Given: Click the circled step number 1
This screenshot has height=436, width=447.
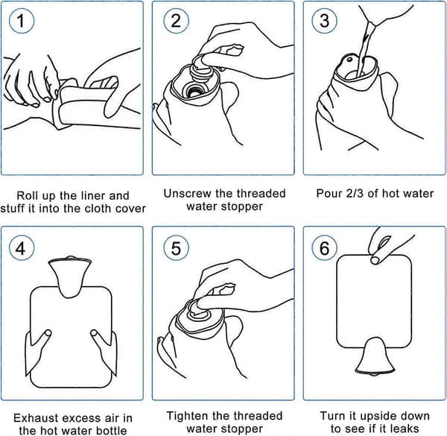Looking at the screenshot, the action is point(22,21).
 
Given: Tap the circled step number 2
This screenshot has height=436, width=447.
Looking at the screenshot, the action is point(176,21).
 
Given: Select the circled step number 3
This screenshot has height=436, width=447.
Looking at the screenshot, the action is point(324,21).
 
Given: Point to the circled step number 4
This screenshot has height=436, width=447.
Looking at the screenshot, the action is point(22,248).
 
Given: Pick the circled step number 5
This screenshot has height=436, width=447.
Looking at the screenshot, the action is point(176,248).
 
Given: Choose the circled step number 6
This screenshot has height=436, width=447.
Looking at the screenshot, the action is point(324,248).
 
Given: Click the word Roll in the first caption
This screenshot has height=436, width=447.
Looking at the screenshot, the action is point(27,195).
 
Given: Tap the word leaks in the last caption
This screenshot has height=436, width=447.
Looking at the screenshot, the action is point(404,429).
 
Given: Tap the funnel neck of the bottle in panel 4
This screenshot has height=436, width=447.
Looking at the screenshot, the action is point(70,276).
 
